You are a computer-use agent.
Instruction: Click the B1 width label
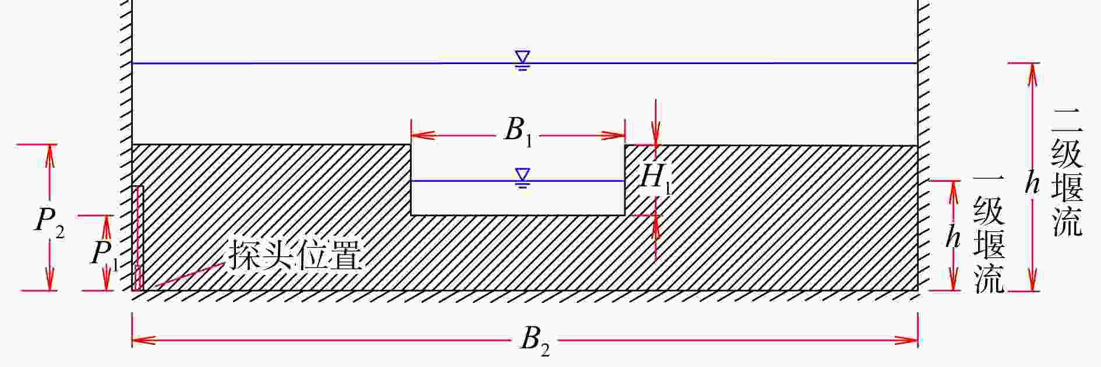[518, 132]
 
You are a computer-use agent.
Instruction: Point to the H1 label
[655, 178]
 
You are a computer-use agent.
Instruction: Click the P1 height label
[104, 255]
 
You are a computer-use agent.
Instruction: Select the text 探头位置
[295, 254]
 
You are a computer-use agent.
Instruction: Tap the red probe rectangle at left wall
[138, 238]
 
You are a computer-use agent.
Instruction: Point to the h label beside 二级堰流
[1032, 184]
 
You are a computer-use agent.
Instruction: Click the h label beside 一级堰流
[952, 238]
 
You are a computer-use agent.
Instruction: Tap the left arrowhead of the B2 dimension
[140, 340]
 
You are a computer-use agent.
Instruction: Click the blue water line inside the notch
[466, 181]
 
